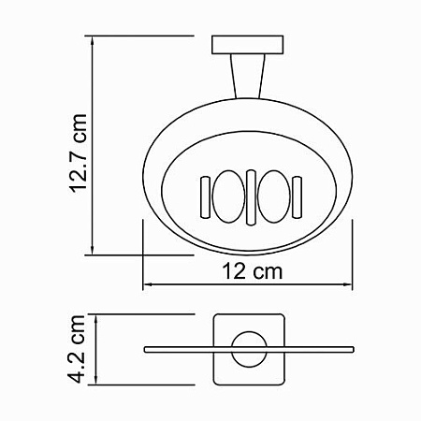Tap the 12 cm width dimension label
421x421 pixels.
248,271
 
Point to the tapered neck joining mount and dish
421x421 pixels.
245,75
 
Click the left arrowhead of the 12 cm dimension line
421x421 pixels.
147,285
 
